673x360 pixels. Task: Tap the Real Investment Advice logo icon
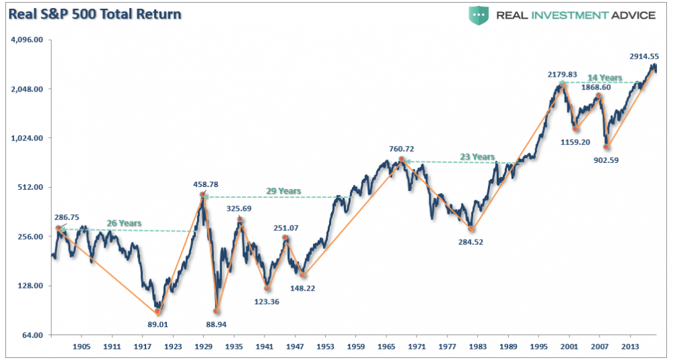point(479,15)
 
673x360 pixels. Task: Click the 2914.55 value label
point(643,57)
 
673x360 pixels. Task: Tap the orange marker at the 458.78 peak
point(203,195)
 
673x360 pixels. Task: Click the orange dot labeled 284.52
point(471,229)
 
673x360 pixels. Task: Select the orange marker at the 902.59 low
point(606,146)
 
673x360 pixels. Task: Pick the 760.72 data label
point(403,149)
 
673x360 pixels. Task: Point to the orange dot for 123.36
point(267,288)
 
